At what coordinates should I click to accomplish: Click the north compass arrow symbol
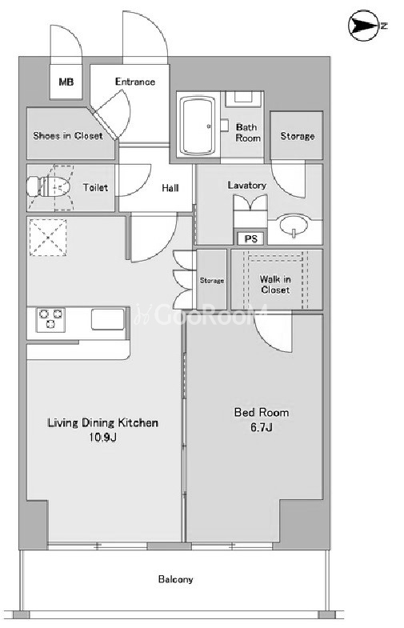(363, 26)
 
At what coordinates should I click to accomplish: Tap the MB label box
(66, 82)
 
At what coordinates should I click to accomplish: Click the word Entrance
(135, 82)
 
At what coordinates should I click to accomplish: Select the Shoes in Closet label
(68, 136)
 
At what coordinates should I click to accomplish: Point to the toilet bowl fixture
(49, 187)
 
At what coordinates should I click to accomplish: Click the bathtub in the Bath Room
(197, 125)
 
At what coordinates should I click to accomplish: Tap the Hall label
(170, 188)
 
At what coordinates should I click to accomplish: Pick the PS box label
(250, 238)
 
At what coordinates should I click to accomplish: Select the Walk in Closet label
(275, 284)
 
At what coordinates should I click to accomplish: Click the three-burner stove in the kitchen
(50, 319)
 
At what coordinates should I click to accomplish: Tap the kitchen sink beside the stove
(108, 319)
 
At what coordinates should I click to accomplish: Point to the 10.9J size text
(102, 437)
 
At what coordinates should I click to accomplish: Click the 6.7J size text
(262, 427)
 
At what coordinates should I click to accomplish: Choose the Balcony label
(175, 579)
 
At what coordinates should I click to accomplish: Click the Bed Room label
(262, 412)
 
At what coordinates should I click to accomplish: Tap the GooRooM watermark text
(201, 314)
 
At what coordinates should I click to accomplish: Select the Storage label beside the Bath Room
(297, 136)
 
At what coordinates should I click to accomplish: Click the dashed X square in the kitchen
(48, 238)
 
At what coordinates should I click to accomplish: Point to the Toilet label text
(95, 187)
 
